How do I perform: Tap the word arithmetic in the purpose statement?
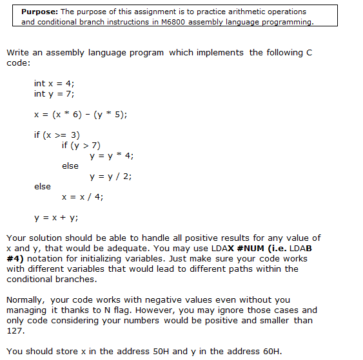[x=216, y=12]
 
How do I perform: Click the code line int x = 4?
[x=55, y=83]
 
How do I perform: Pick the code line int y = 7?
[x=55, y=93]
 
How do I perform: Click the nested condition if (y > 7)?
[x=81, y=145]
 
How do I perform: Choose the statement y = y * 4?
[x=112, y=155]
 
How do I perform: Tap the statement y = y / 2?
[x=111, y=176]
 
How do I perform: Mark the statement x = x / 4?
[x=82, y=196]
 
